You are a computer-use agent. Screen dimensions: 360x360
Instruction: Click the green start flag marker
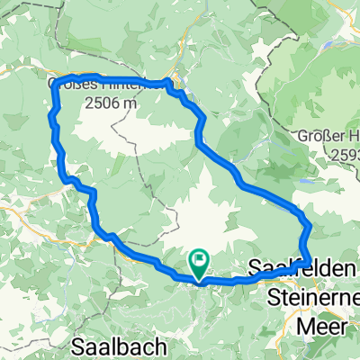(x=198, y=262)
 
